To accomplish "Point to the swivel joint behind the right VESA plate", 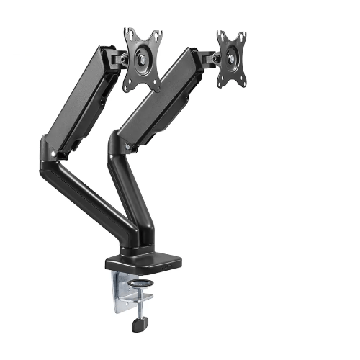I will (x=209, y=56).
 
